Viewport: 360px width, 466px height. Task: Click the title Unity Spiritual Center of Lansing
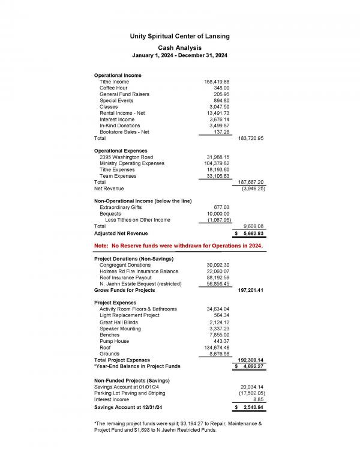coord(179,37)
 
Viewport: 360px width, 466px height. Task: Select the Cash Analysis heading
coord(179,47)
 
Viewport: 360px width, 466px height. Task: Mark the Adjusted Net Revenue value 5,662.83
coord(253,234)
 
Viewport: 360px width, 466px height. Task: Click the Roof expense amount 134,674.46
coord(215,348)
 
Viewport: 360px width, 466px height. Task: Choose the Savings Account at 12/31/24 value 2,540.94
coord(253,408)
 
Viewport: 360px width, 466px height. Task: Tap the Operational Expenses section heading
coord(120,151)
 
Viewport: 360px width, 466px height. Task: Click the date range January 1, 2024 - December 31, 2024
coord(179,56)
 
